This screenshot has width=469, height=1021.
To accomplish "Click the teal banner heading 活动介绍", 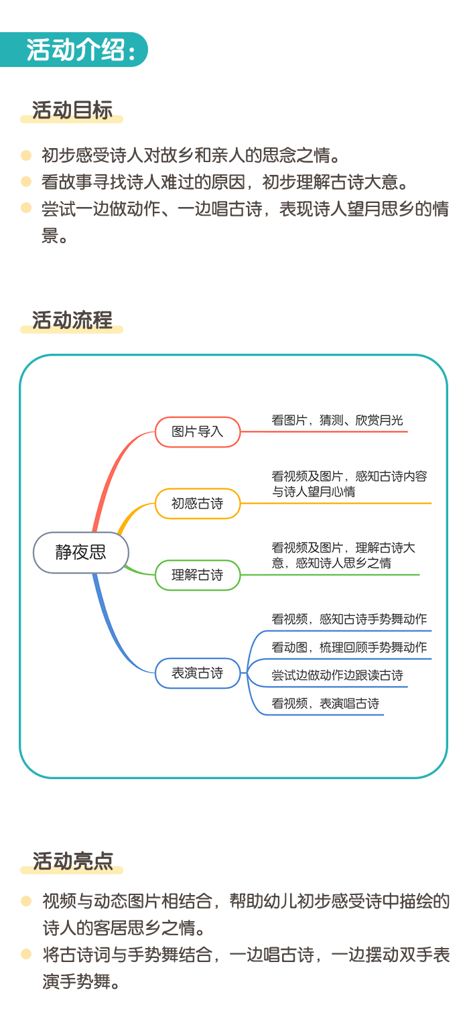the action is coord(80,50).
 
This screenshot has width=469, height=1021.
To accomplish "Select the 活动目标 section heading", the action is coord(72,111).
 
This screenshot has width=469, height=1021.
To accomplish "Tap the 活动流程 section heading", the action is coord(72,320).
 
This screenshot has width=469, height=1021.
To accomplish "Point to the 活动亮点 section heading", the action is coord(72,861).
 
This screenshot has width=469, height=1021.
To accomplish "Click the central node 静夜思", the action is coord(80,553).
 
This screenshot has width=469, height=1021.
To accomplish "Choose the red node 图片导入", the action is coord(198,431).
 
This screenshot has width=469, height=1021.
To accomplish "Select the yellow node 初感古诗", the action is coord(198,504).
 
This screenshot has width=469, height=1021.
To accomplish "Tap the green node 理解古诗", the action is coord(198,575).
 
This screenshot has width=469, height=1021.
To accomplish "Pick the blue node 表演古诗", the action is coord(198,673).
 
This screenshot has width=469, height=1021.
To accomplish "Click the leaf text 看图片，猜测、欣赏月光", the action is coord(337,420).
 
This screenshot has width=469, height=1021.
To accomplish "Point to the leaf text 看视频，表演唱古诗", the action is coord(326,703).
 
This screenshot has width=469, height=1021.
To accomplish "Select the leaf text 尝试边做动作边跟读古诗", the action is coord(337,675).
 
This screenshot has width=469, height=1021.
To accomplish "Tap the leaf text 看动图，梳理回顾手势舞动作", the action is coord(349,647).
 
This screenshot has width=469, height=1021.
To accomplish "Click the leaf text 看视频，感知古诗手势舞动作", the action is coord(349,619).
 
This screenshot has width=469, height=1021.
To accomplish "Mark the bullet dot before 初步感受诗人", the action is coord(26,155).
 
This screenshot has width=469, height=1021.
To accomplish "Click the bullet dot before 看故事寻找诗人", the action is coord(26,182).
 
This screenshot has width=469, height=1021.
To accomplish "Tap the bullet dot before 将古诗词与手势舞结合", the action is coord(26,954).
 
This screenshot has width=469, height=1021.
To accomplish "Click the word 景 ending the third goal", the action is coord(50,236).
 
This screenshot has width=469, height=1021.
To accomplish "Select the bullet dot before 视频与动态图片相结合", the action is coord(26,900).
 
